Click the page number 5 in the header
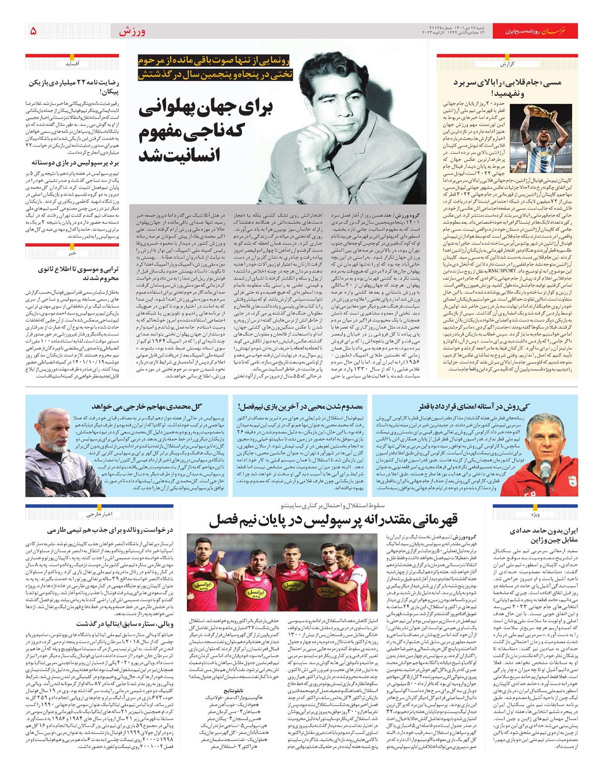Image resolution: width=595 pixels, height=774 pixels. click(x=33, y=31)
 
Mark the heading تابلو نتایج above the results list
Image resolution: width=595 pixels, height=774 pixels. click(x=234, y=690)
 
